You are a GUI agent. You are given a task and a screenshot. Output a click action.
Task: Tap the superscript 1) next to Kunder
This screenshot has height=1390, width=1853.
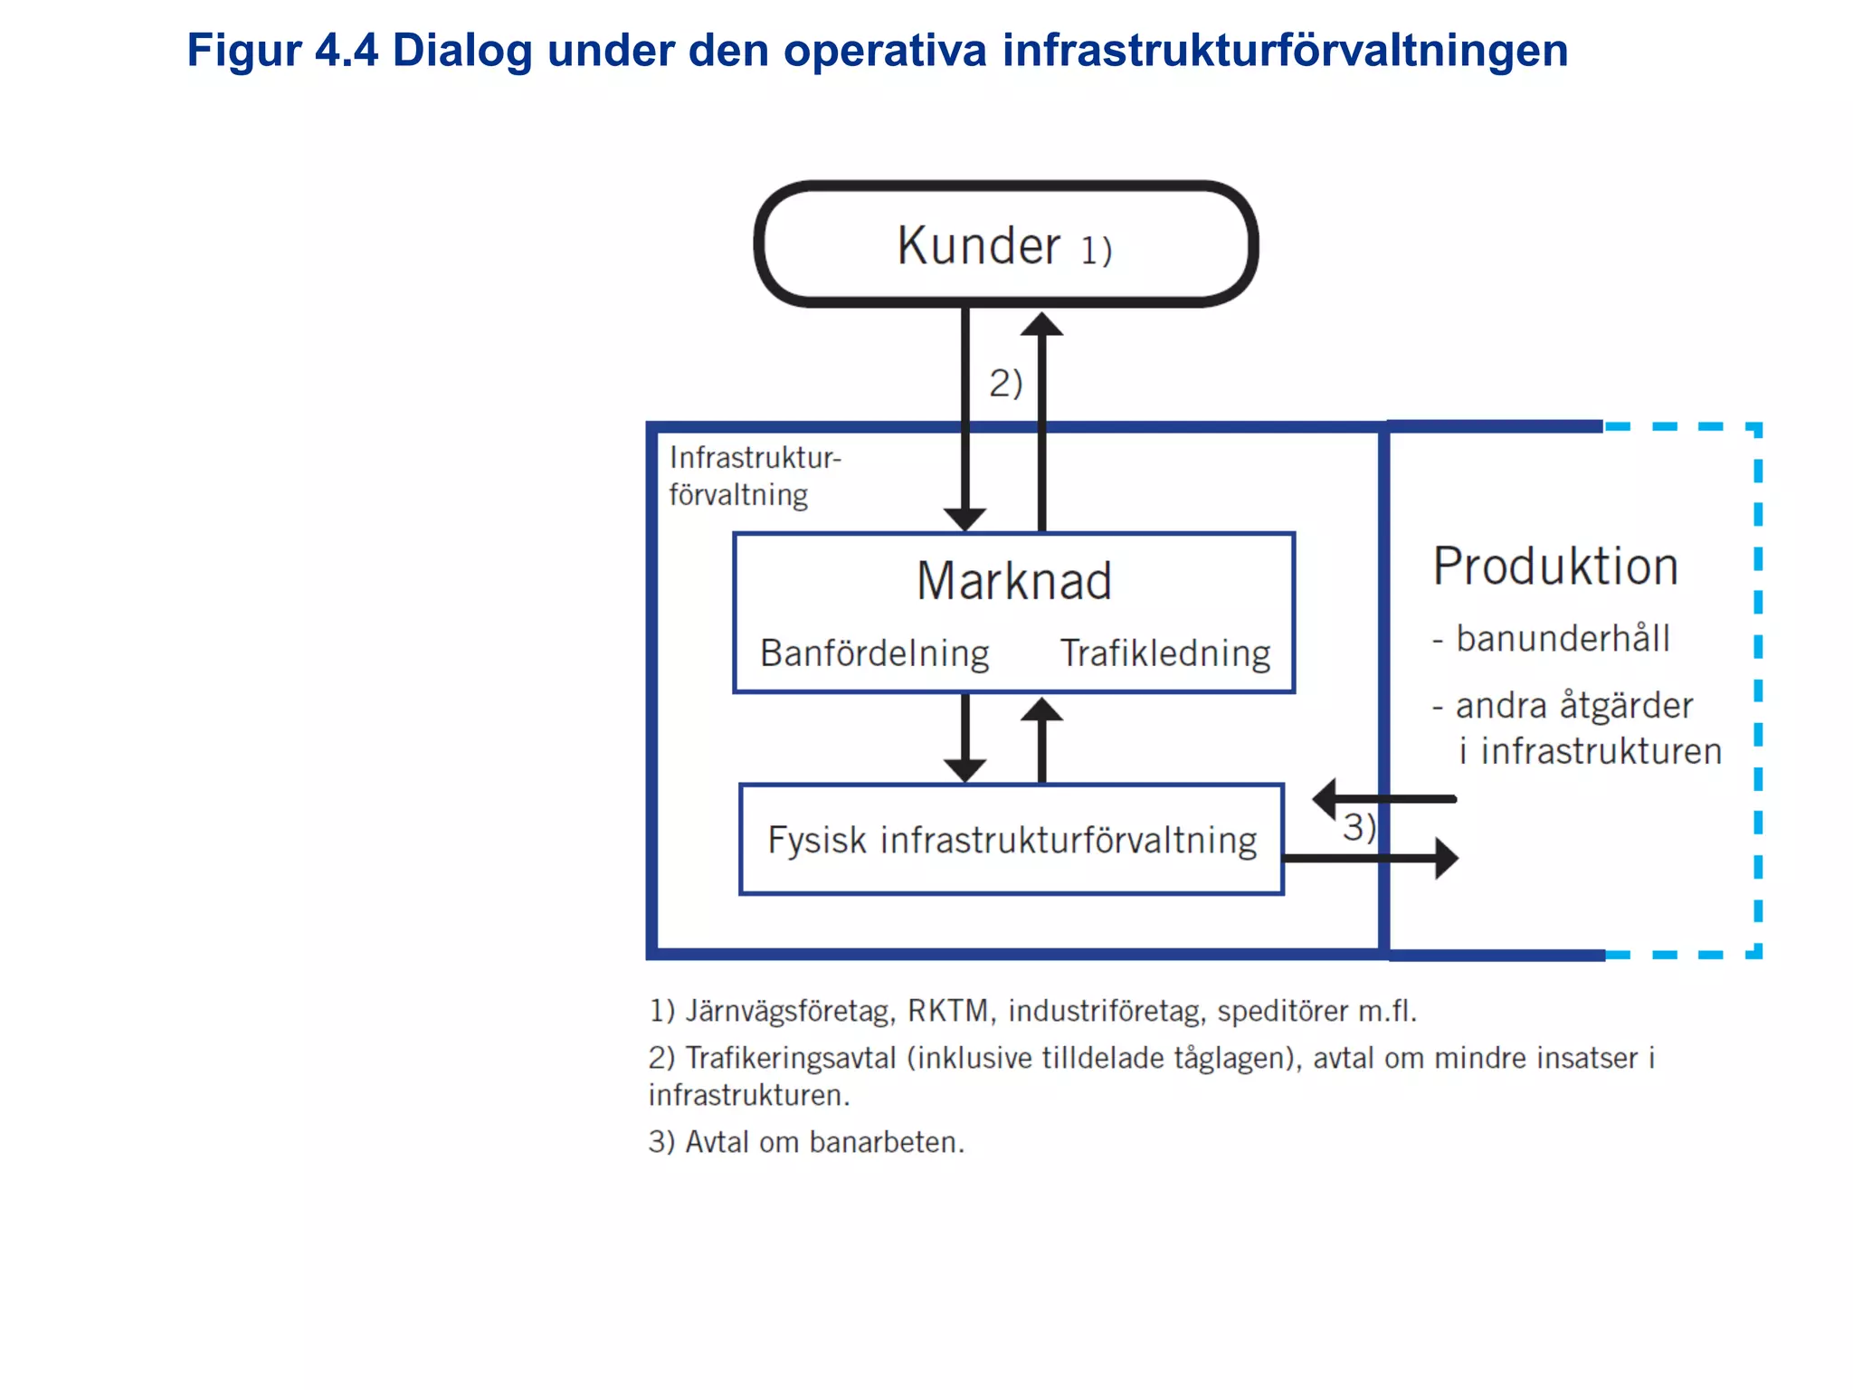point(1096,251)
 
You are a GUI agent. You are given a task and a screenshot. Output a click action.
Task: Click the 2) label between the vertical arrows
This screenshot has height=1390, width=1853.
point(1004,383)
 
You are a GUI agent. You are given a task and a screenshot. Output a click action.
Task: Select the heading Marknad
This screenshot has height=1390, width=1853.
point(1013,581)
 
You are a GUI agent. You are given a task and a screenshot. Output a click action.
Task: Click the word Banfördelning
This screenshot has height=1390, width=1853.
point(874,653)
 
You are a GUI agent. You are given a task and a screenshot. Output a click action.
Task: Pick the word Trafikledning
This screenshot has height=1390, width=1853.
point(1164,653)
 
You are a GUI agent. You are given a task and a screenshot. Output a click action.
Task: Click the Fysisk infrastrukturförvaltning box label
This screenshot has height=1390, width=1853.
point(1012,840)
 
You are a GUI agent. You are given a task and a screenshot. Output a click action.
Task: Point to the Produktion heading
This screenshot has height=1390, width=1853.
point(1554,567)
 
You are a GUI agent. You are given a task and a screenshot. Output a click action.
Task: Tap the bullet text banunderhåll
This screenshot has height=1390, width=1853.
point(1562,639)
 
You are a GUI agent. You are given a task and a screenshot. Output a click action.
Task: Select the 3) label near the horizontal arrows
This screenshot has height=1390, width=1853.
point(1357,827)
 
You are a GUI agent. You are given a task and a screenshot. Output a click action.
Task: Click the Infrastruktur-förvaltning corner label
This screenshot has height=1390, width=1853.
point(754,476)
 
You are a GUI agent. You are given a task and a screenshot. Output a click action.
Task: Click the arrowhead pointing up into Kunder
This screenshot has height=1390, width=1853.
point(1041,324)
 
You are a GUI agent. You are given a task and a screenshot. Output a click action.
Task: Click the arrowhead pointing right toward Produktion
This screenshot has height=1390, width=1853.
point(1446,858)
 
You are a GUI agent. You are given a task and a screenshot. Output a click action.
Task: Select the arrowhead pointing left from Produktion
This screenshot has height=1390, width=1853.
point(1325,799)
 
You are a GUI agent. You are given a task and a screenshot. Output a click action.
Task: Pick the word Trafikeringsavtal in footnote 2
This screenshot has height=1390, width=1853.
point(790,1058)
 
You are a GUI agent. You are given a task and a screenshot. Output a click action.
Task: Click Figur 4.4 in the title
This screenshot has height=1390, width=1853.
point(281,50)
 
